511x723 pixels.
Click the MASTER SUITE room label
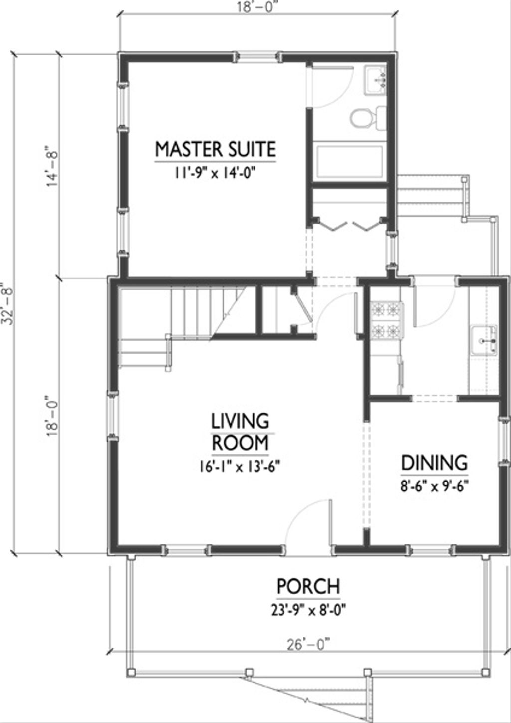click(215, 149)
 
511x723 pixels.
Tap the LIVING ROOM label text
click(240, 432)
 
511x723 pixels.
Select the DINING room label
click(434, 463)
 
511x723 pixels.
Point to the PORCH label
click(308, 586)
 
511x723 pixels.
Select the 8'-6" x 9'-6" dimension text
click(434, 485)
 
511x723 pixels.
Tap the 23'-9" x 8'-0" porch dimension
click(308, 610)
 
